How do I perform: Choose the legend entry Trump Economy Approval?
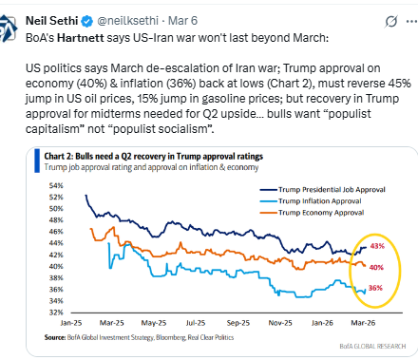(x=312, y=215)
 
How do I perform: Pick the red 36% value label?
(x=375, y=289)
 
